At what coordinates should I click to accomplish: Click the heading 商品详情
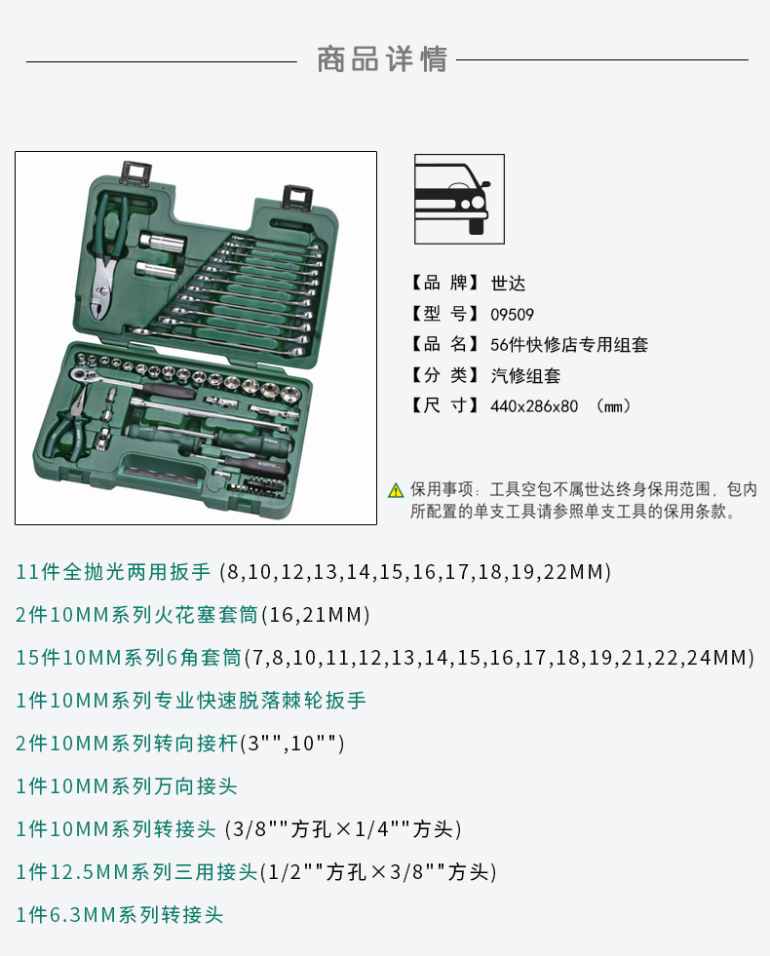pos(382,59)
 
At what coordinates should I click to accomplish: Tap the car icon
pos(459,199)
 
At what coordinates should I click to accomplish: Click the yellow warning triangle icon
pos(396,490)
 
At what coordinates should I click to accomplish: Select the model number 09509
pos(512,315)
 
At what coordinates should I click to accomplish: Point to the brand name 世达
pos(508,283)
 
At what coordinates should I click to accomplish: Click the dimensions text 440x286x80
pos(534,406)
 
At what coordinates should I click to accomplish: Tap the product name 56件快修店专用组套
pos(569,344)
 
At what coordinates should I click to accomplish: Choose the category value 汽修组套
pos(525,375)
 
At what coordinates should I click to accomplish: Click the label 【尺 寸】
pos(443,406)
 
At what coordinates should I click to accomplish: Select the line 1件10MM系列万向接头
pos(126,785)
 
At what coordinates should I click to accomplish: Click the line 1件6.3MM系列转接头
pos(120,914)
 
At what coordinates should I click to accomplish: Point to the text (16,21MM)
pos(316,615)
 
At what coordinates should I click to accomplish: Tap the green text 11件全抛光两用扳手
pos(113,572)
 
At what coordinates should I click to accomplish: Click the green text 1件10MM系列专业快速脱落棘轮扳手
pos(191,701)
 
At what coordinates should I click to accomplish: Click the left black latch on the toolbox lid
pos(135,172)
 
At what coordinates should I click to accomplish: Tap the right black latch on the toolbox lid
pos(298,198)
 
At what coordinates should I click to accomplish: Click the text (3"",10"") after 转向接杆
pos(292,744)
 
